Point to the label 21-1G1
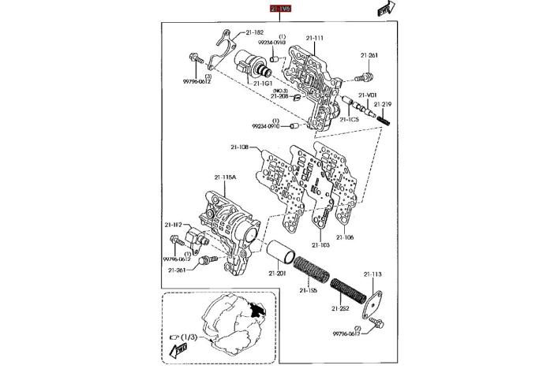[263, 82]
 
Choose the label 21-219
[384, 103]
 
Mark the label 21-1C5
[350, 119]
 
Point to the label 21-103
[319, 245]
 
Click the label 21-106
[345, 237]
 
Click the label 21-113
[372, 274]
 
